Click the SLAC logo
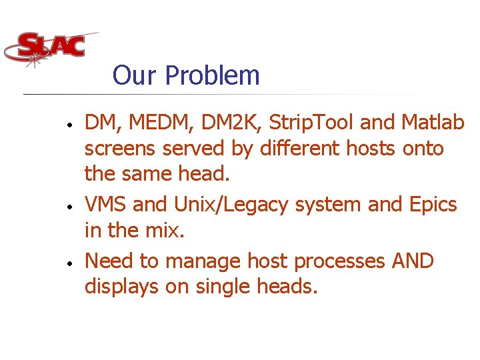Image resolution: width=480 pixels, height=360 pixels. pyautogui.click(x=50, y=47)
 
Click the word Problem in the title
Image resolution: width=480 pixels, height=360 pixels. pyautogui.click(x=212, y=75)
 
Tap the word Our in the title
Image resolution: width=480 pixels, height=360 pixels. pyautogui.click(x=135, y=75)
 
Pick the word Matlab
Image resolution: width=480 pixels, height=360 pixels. pyautogui.click(x=433, y=123)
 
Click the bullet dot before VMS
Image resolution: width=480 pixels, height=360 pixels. pyautogui.click(x=69, y=207)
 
